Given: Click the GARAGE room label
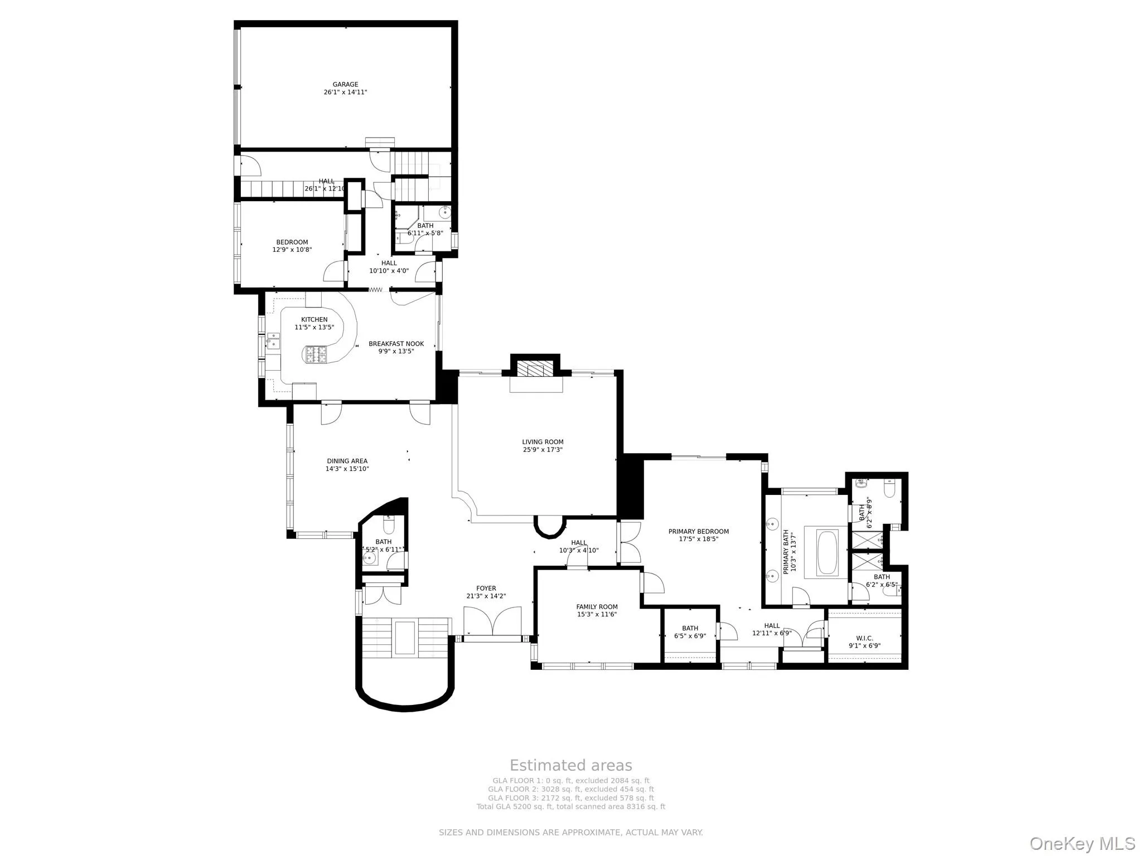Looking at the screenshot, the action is click(345, 85).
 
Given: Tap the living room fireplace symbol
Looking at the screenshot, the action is click(535, 369).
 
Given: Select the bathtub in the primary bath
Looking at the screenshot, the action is click(828, 553).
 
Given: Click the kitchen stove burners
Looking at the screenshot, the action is click(316, 354).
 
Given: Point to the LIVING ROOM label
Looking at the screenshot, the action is click(543, 442).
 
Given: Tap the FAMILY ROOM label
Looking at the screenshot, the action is click(597, 607).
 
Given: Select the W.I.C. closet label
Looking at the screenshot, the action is click(864, 638).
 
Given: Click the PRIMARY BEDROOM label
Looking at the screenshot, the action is click(699, 531).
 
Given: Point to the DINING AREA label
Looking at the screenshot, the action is click(347, 461).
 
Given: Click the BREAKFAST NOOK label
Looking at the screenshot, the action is click(396, 344).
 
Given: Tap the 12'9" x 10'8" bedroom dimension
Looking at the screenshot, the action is click(292, 250).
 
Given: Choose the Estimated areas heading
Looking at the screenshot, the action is click(571, 765).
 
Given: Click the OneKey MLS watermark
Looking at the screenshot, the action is click(1082, 843).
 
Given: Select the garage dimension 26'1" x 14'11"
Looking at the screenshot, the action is click(345, 92).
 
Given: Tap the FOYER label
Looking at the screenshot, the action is click(486, 588).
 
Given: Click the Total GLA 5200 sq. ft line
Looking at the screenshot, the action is click(571, 806).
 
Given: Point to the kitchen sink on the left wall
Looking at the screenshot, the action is click(273, 341).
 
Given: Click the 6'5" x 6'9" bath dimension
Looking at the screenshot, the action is click(690, 636).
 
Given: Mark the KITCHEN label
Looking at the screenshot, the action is click(314, 320).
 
